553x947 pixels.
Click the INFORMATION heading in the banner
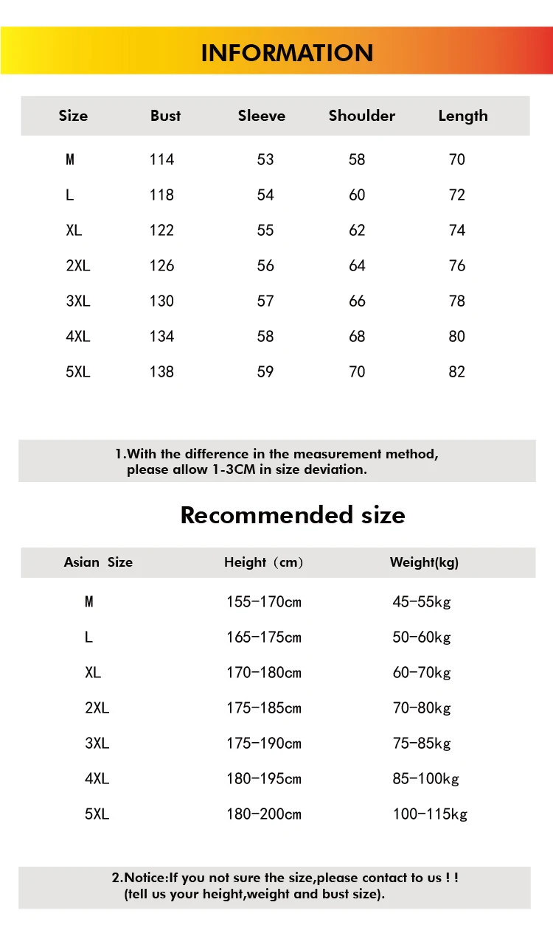pyautogui.click(x=287, y=53)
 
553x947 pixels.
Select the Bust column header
pyautogui.click(x=165, y=116)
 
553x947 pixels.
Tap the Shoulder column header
pyautogui.click(x=361, y=116)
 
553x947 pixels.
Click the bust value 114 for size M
pyautogui.click(x=161, y=159)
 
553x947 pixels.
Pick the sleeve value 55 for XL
pyautogui.click(x=265, y=230)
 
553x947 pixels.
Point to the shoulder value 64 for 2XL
pyautogui.click(x=357, y=265)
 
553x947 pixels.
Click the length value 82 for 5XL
pyautogui.click(x=457, y=371)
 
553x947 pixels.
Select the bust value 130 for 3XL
pyautogui.click(x=161, y=301)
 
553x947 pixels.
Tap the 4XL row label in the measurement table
pyautogui.click(x=77, y=336)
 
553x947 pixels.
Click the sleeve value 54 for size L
pyautogui.click(x=265, y=195)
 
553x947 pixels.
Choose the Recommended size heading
pyautogui.click(x=293, y=514)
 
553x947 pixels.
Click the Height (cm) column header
pyautogui.click(x=264, y=562)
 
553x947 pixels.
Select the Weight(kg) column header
pyautogui.click(x=424, y=562)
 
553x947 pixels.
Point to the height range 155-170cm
pyautogui.click(x=264, y=602)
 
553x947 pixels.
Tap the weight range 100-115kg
pyautogui.click(x=430, y=814)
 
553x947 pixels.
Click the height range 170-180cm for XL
pyautogui.click(x=264, y=673)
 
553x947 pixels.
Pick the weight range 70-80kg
pyautogui.click(x=422, y=708)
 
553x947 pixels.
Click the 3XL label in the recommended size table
pyautogui.click(x=97, y=744)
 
